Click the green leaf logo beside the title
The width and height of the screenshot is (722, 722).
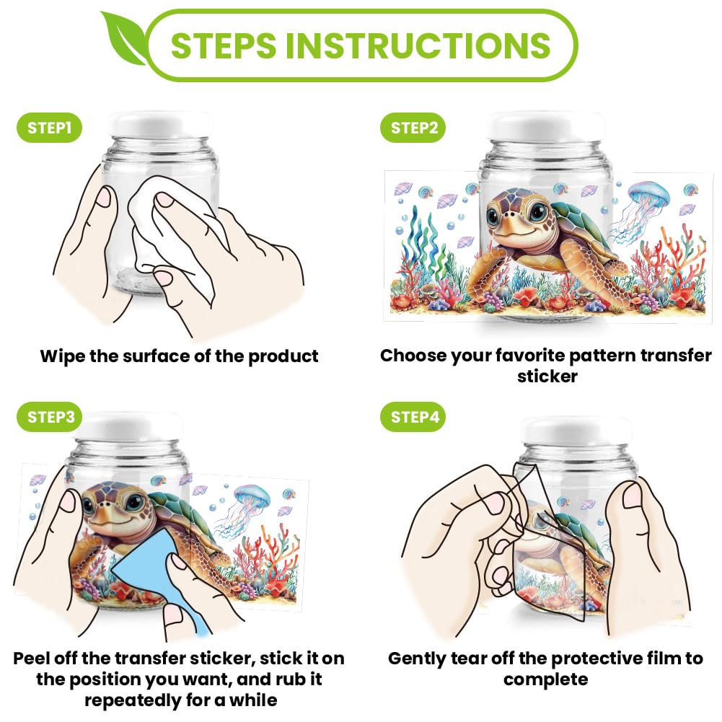click(x=124, y=39)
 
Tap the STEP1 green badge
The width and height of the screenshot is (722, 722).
click(x=49, y=128)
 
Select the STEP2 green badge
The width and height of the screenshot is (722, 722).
click(x=413, y=128)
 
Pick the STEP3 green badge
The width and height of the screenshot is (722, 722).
click(x=49, y=417)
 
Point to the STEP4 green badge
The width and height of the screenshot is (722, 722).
click(x=413, y=417)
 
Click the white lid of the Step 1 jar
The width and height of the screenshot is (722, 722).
click(x=161, y=124)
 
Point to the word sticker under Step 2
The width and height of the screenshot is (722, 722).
click(x=547, y=377)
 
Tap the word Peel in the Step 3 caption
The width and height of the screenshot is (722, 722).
click(x=32, y=659)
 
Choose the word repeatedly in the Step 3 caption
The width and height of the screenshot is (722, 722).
click(x=133, y=701)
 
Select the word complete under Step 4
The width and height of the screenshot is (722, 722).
click(x=545, y=680)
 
